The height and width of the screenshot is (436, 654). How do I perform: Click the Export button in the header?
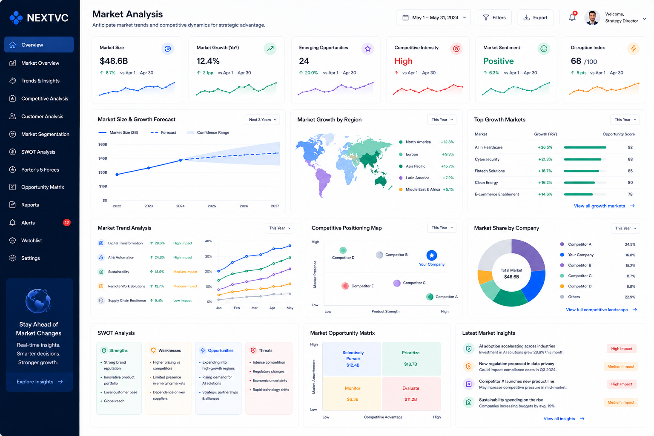(535, 17)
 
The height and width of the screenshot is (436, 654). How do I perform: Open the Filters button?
(494, 17)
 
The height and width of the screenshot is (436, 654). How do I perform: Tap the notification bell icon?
(572, 17)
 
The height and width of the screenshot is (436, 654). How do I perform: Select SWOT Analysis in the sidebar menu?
(38, 152)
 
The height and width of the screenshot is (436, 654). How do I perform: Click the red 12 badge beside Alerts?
(66, 223)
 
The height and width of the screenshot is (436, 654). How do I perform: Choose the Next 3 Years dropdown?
(262, 120)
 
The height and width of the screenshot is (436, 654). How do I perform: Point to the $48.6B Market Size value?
(114, 61)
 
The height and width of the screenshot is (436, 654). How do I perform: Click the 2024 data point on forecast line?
(181, 160)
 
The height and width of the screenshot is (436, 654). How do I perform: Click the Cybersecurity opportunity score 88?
(630, 159)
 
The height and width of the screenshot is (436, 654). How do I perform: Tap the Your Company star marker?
(431, 255)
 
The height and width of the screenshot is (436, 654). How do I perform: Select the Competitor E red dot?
(345, 286)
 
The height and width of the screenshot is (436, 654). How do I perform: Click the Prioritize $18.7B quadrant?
(411, 359)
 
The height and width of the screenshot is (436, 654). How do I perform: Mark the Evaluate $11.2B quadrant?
(411, 394)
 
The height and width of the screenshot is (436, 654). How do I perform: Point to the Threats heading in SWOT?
(265, 350)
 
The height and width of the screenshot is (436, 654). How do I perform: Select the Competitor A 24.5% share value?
(630, 244)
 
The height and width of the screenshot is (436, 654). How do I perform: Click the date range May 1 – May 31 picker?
(433, 17)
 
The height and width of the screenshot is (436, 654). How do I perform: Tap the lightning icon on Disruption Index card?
(633, 49)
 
